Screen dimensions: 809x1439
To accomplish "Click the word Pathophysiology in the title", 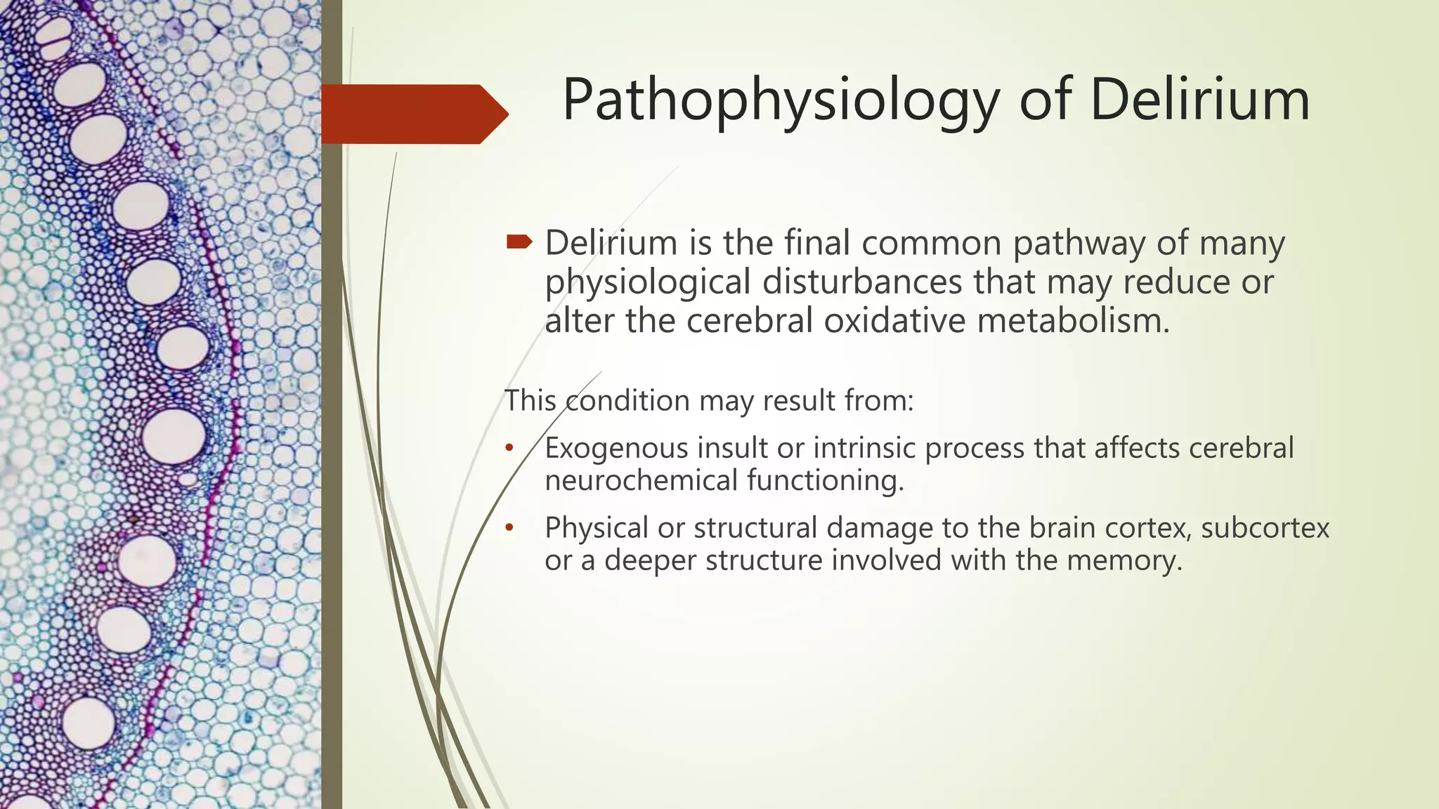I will tap(781, 101).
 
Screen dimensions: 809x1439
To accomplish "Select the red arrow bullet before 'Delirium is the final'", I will tap(519, 242).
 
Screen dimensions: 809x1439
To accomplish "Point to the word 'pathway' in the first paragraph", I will tap(1079, 244).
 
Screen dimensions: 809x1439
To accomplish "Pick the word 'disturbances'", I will tap(861, 282).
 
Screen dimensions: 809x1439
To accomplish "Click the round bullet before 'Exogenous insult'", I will tap(509, 448).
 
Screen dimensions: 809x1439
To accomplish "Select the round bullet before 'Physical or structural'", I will tap(509, 527).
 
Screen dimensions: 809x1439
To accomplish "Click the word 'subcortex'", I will tap(1265, 528).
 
